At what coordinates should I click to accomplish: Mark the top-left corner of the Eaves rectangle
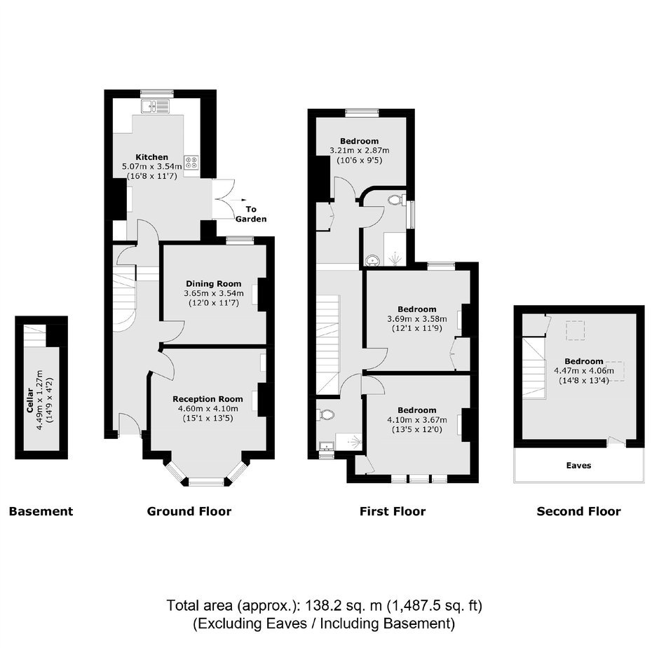coord(514,447)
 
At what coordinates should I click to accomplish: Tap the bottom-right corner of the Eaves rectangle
coord(644,482)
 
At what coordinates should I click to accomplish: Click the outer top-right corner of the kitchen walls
coord(217,90)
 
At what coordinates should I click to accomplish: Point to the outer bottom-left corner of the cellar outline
coord(15,459)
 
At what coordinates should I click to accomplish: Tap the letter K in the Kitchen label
coord(138,157)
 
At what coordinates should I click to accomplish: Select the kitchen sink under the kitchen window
coord(155,106)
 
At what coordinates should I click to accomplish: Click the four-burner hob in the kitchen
coord(191,162)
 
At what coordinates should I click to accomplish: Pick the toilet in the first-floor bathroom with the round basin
coord(395,200)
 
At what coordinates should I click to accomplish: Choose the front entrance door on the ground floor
coord(130,424)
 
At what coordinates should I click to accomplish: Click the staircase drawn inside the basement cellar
coord(34,335)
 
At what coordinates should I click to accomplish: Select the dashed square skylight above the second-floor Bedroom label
coord(575,330)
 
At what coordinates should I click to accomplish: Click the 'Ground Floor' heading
coord(189,511)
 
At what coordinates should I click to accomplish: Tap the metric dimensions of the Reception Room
coord(208,409)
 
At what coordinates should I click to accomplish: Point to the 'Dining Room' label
coord(214,284)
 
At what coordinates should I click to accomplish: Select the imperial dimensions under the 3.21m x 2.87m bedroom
coord(360,160)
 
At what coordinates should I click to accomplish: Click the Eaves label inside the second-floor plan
coord(578,466)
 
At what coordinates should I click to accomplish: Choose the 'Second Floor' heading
coord(578,511)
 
